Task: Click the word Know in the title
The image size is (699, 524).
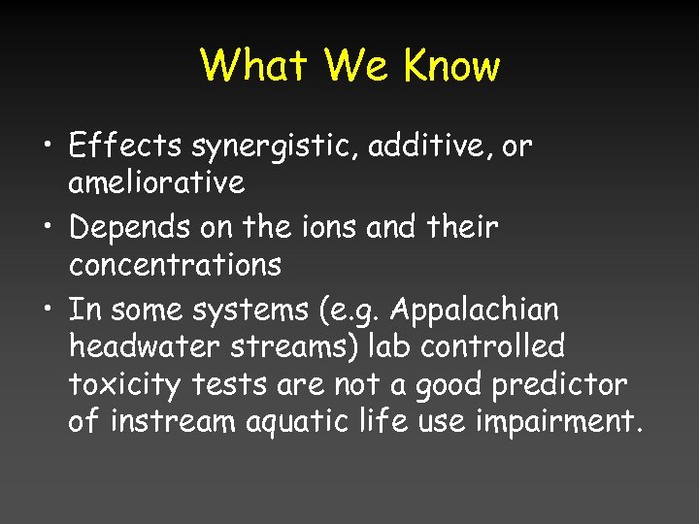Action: click(x=451, y=66)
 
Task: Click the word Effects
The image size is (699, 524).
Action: click(x=125, y=147)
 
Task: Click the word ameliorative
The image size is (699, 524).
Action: click(x=156, y=181)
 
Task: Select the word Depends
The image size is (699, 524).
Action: click(x=132, y=229)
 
